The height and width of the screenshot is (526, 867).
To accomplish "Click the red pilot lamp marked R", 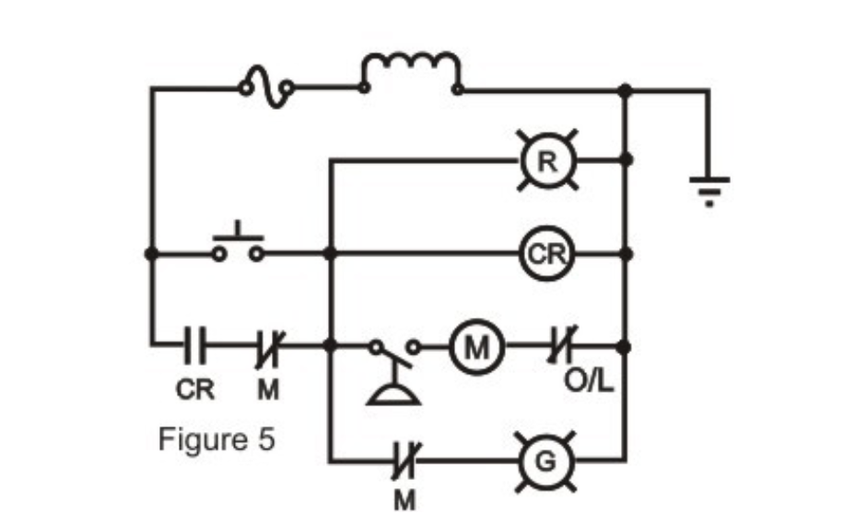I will click(x=547, y=160).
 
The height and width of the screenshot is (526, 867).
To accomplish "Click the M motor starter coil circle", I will click(x=476, y=347).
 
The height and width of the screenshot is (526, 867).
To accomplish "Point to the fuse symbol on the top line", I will click(x=266, y=88).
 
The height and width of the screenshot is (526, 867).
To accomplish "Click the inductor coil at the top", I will click(x=411, y=76).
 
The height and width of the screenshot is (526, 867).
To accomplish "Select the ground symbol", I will click(x=709, y=189).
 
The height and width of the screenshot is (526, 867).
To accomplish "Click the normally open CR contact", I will click(x=195, y=347).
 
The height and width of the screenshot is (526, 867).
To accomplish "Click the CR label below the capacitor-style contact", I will click(x=195, y=390).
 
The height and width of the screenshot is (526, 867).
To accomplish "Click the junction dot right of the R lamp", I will click(x=626, y=160).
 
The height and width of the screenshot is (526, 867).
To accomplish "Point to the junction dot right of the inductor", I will click(x=626, y=89).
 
